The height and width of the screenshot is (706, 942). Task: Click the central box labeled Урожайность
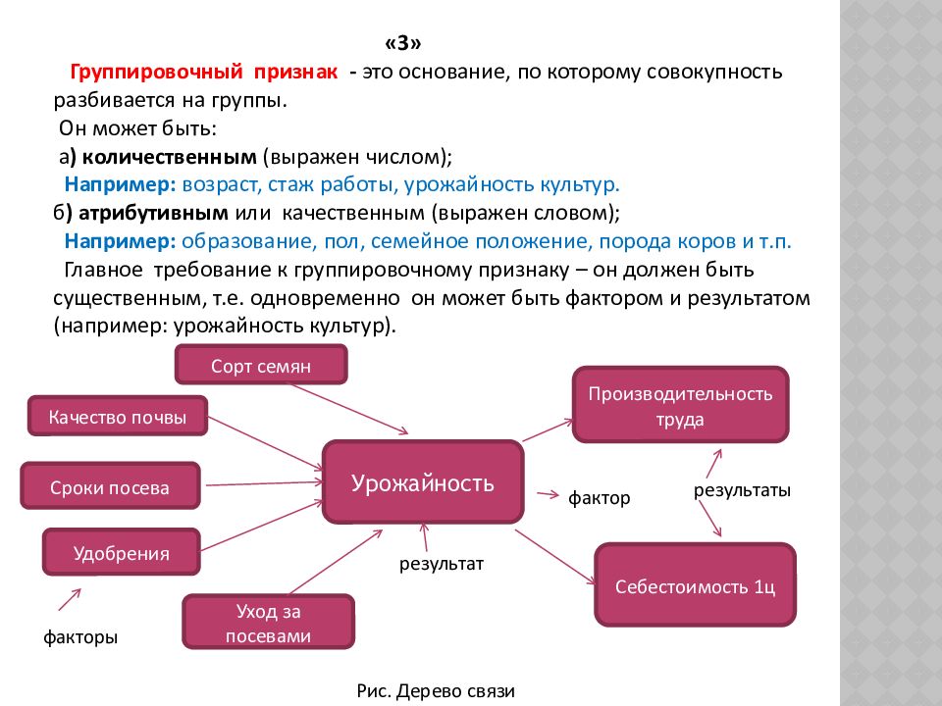423,482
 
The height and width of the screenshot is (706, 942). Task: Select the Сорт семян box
261,365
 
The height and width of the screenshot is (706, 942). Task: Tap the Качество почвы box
118,416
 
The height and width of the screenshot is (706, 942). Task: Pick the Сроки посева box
110,486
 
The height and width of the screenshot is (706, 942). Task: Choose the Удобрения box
122,552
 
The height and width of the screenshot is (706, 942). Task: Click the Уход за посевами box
268,622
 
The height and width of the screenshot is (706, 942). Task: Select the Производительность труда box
680,405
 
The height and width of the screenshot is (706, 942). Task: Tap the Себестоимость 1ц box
695,585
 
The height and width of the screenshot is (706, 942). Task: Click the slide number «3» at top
403,42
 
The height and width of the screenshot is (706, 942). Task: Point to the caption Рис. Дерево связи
436,691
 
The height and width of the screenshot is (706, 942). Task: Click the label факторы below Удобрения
80,637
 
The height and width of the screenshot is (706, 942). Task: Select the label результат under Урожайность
442,564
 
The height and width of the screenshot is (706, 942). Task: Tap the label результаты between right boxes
742,490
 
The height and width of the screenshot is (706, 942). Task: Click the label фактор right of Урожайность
599,498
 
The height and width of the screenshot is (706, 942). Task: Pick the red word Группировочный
156,72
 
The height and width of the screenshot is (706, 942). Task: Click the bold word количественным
169,157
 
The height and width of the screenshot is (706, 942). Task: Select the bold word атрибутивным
153,213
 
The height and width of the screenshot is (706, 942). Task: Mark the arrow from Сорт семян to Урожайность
349,409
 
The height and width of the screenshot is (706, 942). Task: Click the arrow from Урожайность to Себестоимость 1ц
556,557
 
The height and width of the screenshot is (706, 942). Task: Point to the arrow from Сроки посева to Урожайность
264,482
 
